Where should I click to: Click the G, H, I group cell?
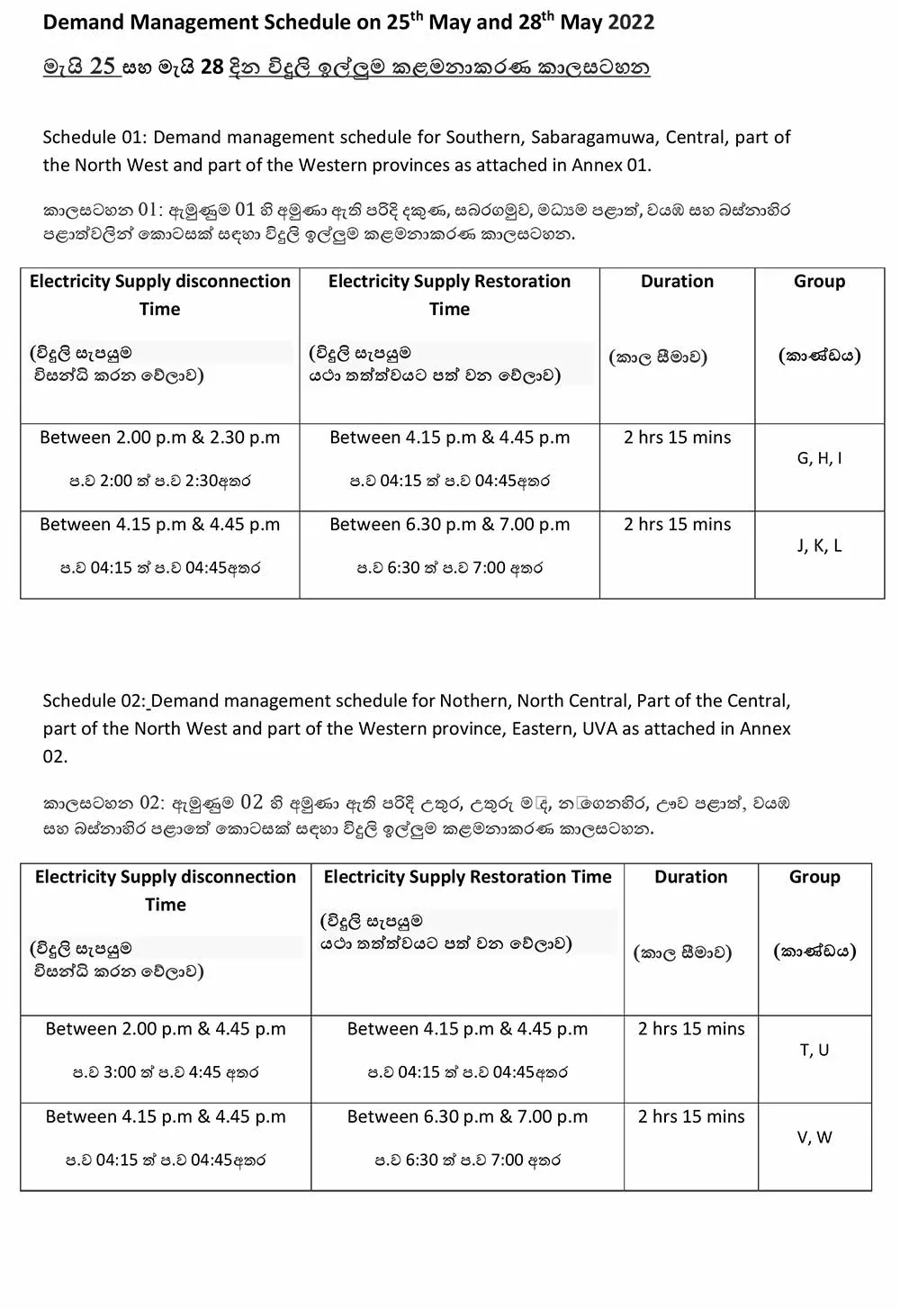(819, 458)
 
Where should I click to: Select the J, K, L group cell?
(819, 546)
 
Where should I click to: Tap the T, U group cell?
(814, 1050)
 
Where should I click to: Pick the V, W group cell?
(814, 1137)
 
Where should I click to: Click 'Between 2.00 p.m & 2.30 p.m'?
(160, 438)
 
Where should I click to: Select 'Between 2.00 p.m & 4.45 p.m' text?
(166, 1029)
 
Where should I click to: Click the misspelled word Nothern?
(471, 700)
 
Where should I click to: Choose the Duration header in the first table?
(677, 281)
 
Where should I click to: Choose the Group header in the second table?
(814, 877)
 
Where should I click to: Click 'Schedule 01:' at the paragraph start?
(94, 138)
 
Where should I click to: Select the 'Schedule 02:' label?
(94, 700)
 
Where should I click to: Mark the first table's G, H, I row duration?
(677, 438)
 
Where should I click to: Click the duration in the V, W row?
(691, 1116)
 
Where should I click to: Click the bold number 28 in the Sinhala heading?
(211, 67)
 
